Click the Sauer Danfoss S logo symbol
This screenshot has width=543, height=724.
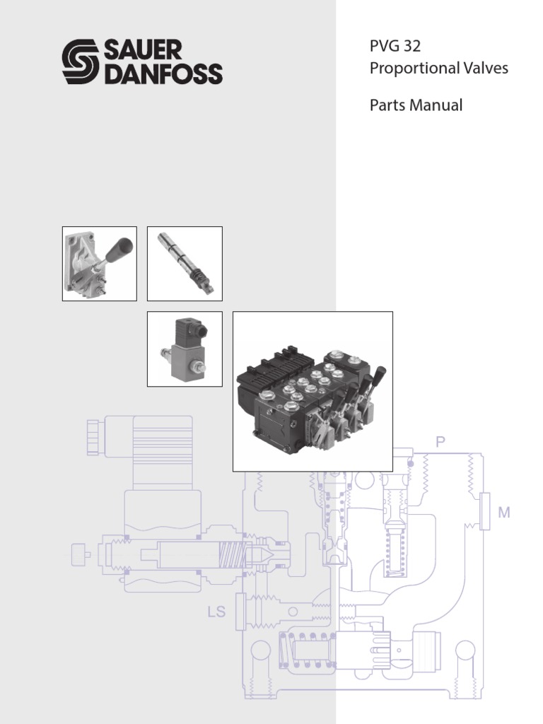pyautogui.click(x=81, y=62)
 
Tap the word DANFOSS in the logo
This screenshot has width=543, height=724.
pyautogui.click(x=163, y=73)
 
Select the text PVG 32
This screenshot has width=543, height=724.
pyautogui.click(x=395, y=47)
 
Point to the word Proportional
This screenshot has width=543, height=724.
pyautogui.click(x=409, y=69)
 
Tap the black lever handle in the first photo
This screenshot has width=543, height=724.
pyautogui.click(x=119, y=250)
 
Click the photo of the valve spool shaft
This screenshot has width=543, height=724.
pyautogui.click(x=184, y=263)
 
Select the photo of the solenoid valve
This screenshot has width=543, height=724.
pyautogui.click(x=184, y=349)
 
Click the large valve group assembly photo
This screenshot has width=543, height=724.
pyautogui.click(x=313, y=391)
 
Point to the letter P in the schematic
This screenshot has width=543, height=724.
pyautogui.click(x=440, y=443)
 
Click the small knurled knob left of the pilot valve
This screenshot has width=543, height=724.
pyautogui.click(x=79, y=554)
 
